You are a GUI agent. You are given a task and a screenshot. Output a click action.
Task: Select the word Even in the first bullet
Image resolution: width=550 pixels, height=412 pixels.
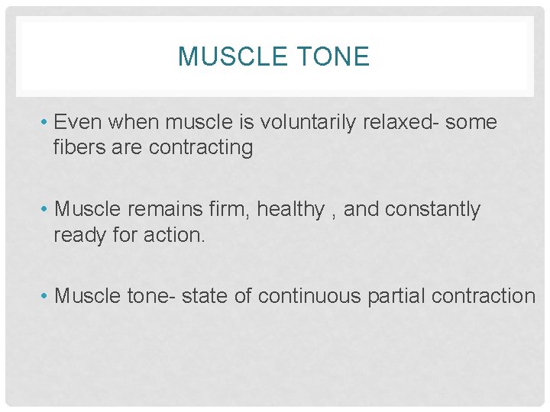pos(79,122)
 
